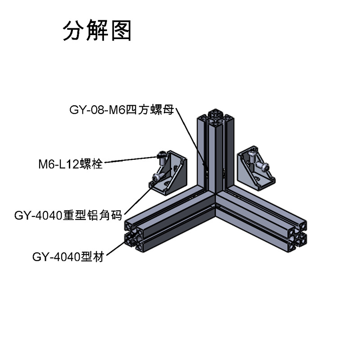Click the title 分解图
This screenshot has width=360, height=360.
pyautogui.click(x=97, y=31)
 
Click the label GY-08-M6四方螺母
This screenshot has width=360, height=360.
pyautogui.click(x=121, y=109)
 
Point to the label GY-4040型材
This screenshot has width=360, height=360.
pyautogui.click(x=68, y=257)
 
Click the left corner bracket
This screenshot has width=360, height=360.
pyautogui.click(x=171, y=176)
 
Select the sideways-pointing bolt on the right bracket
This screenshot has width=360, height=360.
pyautogui.click(x=265, y=167)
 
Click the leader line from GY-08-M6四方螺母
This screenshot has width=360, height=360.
pyautogui.click(x=189, y=135)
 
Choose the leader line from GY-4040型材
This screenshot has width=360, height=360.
pyautogui.click(x=115, y=250)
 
